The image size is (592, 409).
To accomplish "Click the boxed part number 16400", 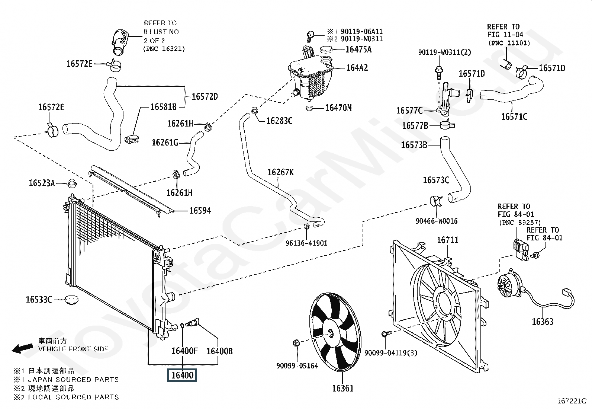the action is tap(182, 375).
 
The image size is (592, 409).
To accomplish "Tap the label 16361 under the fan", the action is tap(343, 389).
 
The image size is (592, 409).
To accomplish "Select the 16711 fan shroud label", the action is tap(447, 240).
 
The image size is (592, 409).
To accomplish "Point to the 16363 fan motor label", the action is tap(543, 322).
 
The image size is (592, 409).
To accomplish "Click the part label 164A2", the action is tap(357, 68).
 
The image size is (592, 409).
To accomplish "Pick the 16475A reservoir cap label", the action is tap(358, 49).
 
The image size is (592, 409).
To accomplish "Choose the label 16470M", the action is tap(338, 108).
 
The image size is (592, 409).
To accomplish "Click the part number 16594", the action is tap(200, 211).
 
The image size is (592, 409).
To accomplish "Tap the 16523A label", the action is tap(42, 183).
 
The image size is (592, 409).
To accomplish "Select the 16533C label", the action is tap(39, 300).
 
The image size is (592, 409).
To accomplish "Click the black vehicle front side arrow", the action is tap(22, 348).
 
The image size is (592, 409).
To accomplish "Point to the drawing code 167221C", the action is tap(572, 401).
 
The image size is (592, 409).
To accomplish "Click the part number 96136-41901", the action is tap(306, 243).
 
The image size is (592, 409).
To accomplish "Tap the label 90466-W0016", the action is tap(437, 221).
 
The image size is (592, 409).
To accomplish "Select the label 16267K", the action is tap(280, 172).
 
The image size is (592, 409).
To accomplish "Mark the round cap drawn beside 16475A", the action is tap(326, 49).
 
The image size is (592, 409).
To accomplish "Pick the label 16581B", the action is tap(163, 107).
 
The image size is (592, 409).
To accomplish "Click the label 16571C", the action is tap(514, 116).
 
